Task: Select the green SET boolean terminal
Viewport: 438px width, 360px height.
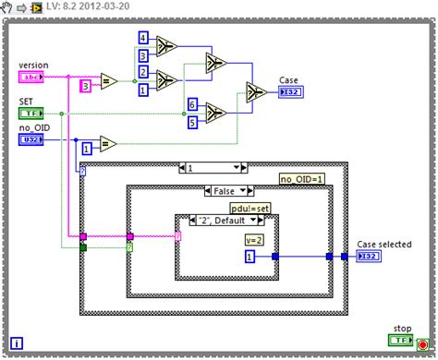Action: [x=31, y=113]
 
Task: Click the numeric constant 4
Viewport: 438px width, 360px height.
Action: [x=143, y=38]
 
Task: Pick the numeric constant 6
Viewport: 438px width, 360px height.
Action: [x=192, y=104]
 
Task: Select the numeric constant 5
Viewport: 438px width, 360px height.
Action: [x=192, y=120]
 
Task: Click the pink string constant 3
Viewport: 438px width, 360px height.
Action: [x=85, y=86]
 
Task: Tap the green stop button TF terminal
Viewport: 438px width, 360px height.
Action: [x=400, y=340]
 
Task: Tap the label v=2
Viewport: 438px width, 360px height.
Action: [x=255, y=239]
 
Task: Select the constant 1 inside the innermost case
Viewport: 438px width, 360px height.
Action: [x=249, y=256]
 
